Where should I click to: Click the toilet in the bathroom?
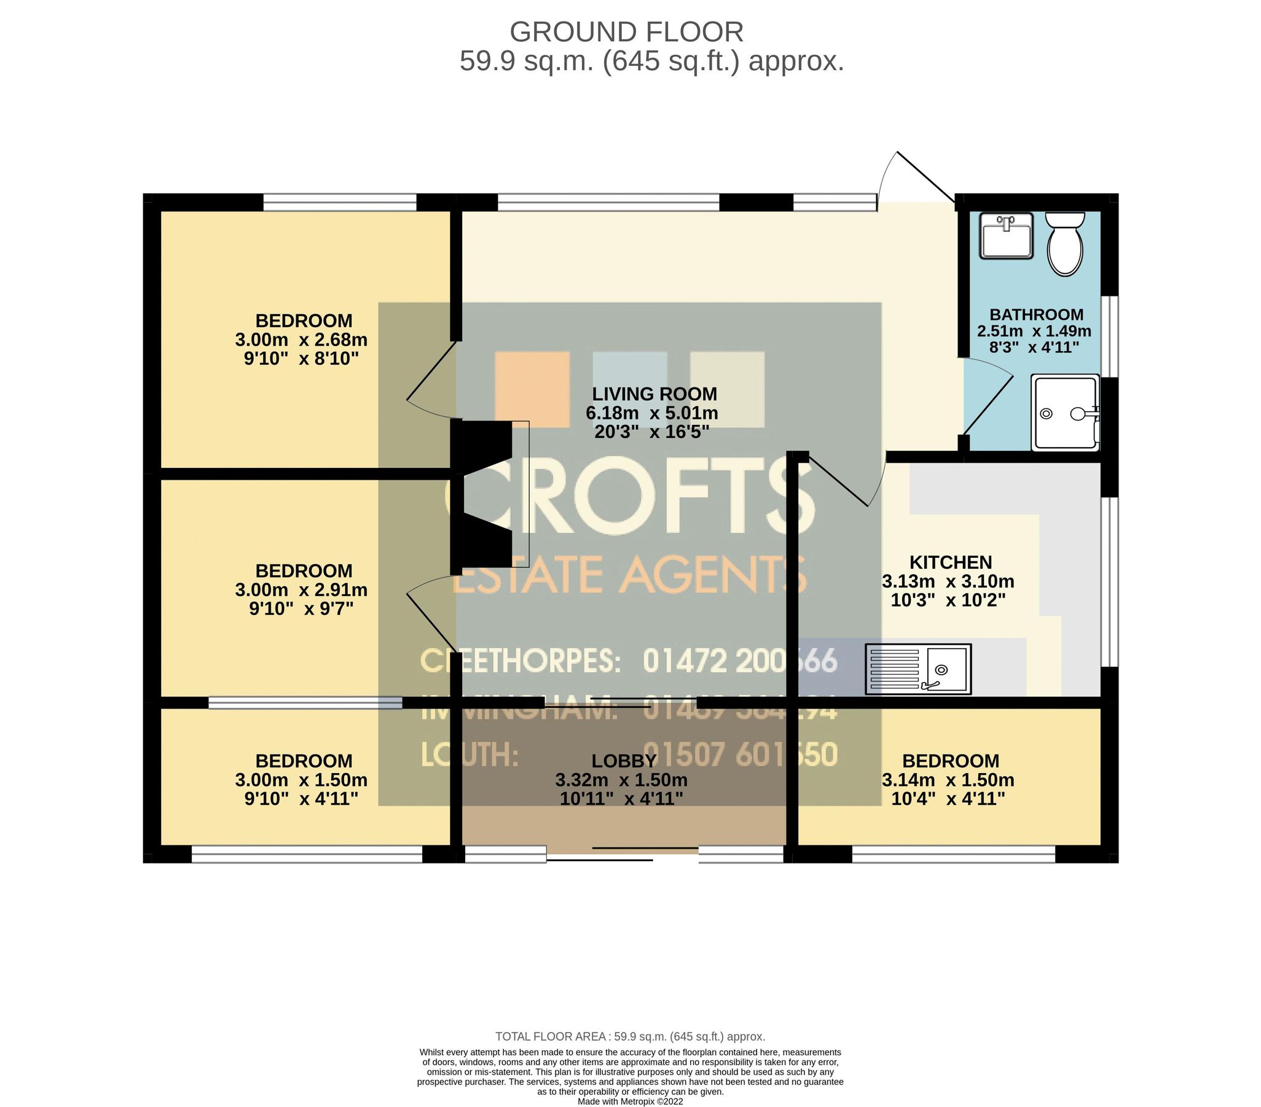pos(1066,245)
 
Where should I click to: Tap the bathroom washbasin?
pos(1006,236)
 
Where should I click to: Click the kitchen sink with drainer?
pos(918,669)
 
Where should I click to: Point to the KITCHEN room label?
pos(951,563)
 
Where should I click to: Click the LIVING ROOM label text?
pos(654,394)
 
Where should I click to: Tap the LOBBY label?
pos(624,761)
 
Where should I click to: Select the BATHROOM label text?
pos(1037,314)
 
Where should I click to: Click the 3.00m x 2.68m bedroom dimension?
pos(301,339)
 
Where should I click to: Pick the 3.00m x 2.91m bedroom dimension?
pos(301,590)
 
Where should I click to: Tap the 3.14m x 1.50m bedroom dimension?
pos(948,780)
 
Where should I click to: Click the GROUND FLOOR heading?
pos(626,32)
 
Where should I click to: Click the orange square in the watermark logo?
pos(532,389)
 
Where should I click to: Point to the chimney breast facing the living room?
pos(481,498)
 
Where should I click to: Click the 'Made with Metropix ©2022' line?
pos(630,1101)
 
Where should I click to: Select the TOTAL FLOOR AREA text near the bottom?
pos(630,1037)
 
